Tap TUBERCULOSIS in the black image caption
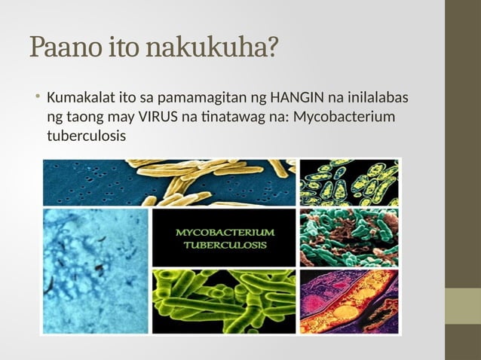pyautogui.click(x=225, y=246)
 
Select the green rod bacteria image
pyautogui.click(x=225, y=301)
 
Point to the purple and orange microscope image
pyautogui.click(x=350, y=301)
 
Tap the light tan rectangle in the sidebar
pyautogui.click(x=463, y=306)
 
